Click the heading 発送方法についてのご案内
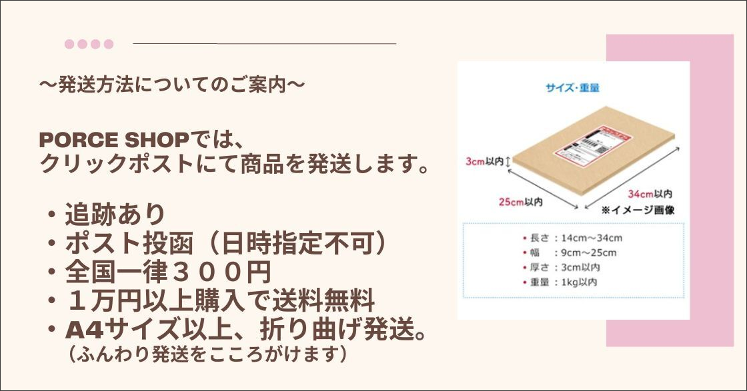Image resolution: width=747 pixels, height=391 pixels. tap(172, 85)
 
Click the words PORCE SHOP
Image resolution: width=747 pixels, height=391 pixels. tap(114, 140)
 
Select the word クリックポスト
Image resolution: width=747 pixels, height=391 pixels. tap(117, 164)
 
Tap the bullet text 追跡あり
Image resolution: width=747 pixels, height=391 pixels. tap(115, 214)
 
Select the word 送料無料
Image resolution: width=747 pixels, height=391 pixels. tap(324, 300)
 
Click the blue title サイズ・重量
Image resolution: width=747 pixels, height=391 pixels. tap(573, 88)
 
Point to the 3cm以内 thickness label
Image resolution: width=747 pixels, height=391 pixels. tap(484, 162)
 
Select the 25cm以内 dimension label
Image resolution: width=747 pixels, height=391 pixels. tap(521, 202)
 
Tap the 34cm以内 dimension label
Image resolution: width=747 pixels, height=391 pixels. tap(650, 194)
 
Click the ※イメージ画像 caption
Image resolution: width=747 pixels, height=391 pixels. tap(638, 210)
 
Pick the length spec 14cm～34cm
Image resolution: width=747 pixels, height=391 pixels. tap(592, 238)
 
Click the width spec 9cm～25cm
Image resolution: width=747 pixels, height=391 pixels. tap(589, 252)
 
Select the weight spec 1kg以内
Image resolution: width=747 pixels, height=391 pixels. tap(579, 282)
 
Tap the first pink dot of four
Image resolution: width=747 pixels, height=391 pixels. tap(69, 44)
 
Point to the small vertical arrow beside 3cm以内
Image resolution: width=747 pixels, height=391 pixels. tap(508, 162)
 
